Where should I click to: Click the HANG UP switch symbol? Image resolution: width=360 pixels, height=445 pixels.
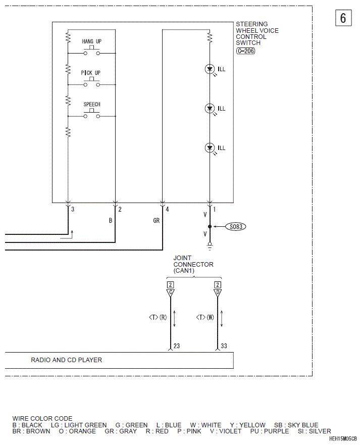click(91, 51)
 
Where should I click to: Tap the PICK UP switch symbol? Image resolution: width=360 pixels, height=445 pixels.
click(91, 82)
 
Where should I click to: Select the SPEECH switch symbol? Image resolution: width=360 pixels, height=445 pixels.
click(91, 114)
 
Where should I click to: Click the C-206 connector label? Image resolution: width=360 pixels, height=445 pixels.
click(246, 51)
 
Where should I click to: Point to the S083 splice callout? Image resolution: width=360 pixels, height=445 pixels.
click(236, 226)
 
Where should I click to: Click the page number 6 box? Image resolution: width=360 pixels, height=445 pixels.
click(343, 18)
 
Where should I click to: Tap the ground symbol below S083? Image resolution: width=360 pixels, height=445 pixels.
click(210, 246)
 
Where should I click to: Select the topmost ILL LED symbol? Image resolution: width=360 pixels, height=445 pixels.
click(210, 69)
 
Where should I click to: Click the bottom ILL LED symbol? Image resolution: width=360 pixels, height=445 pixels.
click(210, 148)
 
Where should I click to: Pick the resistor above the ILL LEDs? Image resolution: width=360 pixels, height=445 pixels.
click(210, 38)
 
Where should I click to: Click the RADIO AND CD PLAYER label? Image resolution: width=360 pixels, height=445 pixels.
click(66, 360)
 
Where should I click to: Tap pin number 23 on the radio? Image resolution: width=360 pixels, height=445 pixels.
click(177, 346)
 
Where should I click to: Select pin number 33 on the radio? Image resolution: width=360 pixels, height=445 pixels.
click(224, 346)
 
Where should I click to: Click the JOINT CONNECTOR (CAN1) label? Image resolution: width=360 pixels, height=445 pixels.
click(193, 264)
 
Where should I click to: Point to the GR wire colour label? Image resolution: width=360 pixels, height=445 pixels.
click(157, 221)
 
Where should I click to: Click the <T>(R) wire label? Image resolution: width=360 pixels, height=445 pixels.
click(158, 317)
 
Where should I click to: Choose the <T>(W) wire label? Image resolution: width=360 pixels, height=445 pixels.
click(205, 317)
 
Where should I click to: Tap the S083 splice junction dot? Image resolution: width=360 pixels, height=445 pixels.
click(210, 226)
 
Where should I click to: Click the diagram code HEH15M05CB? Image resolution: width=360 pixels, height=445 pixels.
click(343, 439)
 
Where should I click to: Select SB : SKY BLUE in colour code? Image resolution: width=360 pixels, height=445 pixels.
click(296, 425)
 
